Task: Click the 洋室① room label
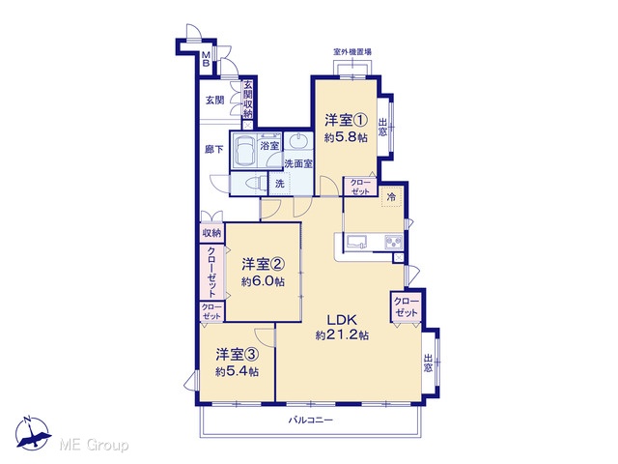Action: click(347, 120)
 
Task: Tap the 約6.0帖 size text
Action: click(263, 281)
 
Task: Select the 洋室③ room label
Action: click(238, 355)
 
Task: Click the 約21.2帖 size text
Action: click(342, 335)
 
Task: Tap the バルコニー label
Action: click(311, 420)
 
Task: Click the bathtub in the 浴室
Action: click(244, 150)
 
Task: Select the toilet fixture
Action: click(253, 184)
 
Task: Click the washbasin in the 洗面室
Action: click(298, 142)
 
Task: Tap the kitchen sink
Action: click(356, 242)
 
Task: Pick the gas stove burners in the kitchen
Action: click(393, 242)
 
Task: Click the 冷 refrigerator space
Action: click(391, 197)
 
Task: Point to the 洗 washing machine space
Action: click(279, 184)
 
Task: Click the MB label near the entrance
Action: click(206, 59)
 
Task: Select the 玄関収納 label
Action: click(247, 100)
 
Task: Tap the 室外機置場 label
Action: click(352, 51)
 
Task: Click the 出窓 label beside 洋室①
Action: click(382, 127)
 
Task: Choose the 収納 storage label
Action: click(211, 233)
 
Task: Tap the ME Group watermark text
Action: click(95, 445)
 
